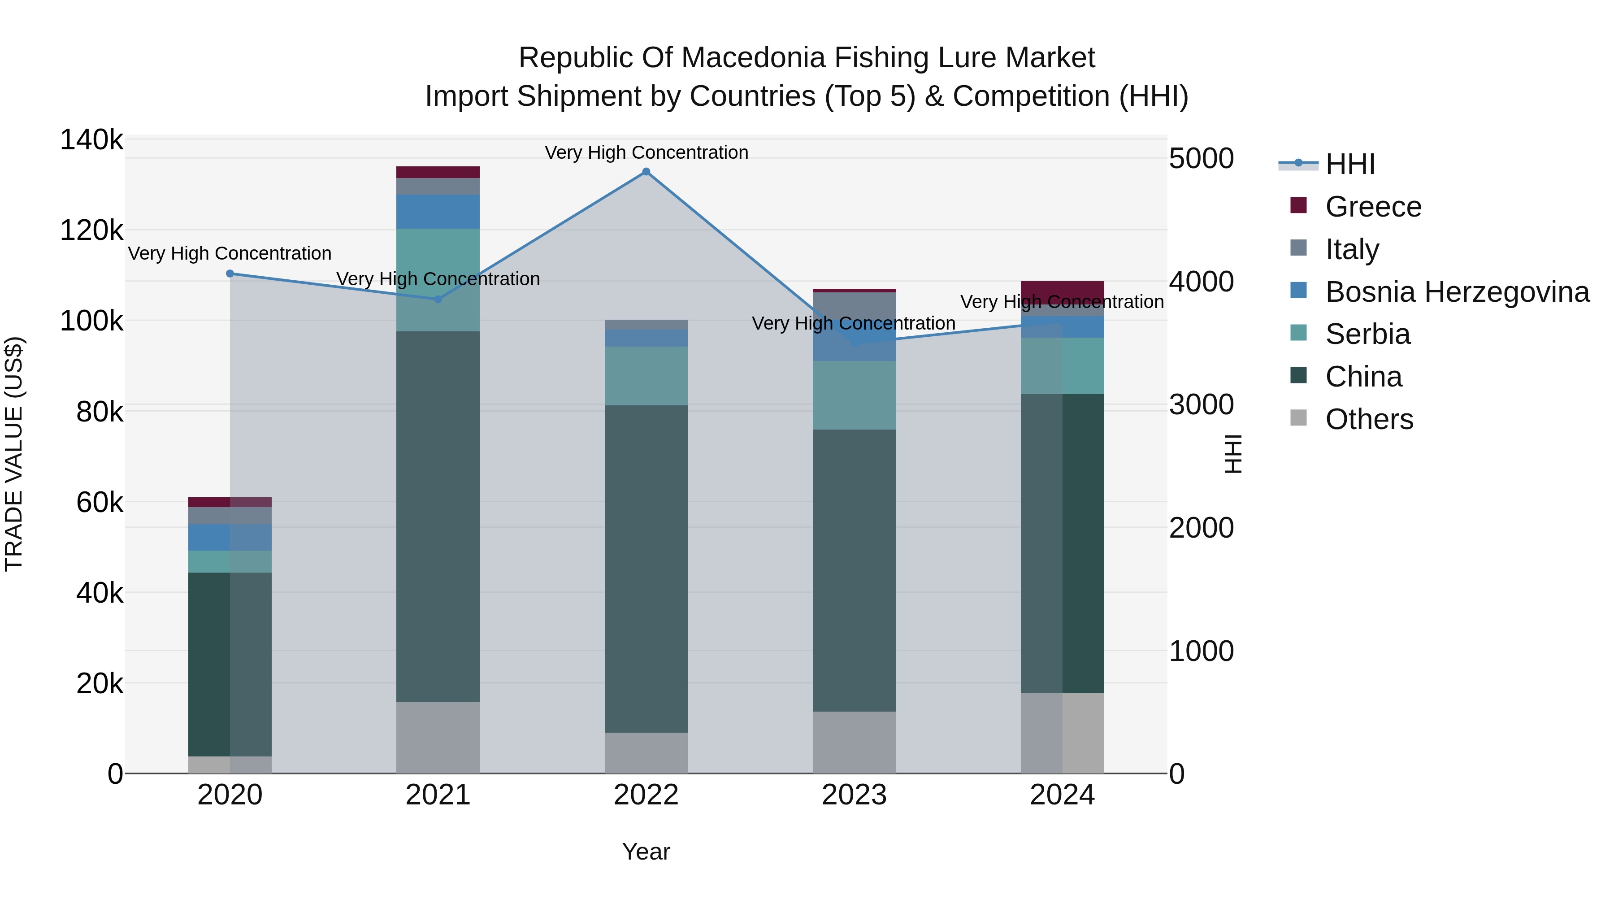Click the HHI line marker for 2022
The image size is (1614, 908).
pyautogui.click(x=646, y=172)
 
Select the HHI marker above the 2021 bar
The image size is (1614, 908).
pyautogui.click(x=438, y=300)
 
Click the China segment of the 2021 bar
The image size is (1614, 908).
pyautogui.click(x=438, y=517)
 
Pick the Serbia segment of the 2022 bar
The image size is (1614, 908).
pyautogui.click(x=646, y=376)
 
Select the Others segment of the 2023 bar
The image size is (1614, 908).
pyautogui.click(x=854, y=742)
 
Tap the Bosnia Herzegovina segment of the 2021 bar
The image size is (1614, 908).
pyautogui.click(x=438, y=212)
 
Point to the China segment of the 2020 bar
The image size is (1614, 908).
pyautogui.click(x=230, y=664)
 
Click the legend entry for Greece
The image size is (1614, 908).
pyautogui.click(x=1373, y=207)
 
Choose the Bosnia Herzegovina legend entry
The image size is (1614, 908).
pyautogui.click(x=1457, y=292)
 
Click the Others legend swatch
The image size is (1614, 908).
pyautogui.click(x=1299, y=417)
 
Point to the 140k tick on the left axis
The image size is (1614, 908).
pyautogui.click(x=91, y=140)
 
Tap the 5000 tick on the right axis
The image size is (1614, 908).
pyautogui.click(x=1201, y=159)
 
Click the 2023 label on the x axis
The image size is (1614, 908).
pyautogui.click(x=854, y=795)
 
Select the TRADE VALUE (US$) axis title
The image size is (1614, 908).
pyautogui.click(x=14, y=454)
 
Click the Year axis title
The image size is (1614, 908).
pyautogui.click(x=646, y=852)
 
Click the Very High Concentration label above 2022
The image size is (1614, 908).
pyautogui.click(x=646, y=153)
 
